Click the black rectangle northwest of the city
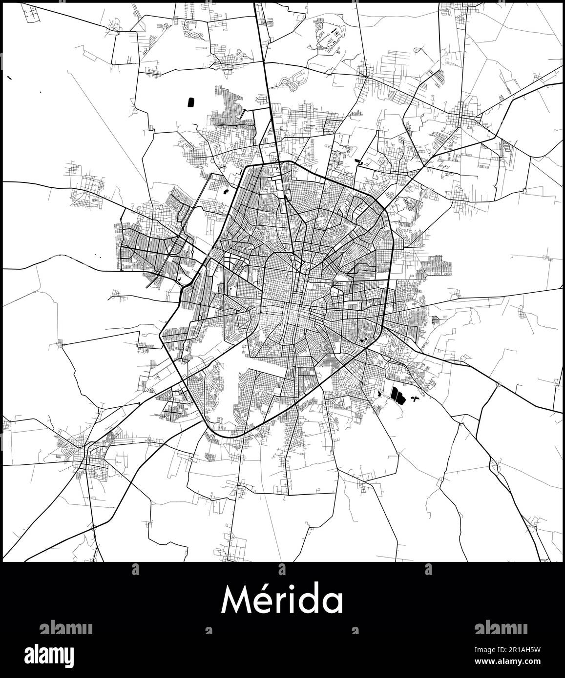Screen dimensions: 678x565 point(190,102)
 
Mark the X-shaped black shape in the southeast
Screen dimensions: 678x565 point(416,399)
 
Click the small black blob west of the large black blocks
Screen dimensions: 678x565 point(380,392)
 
